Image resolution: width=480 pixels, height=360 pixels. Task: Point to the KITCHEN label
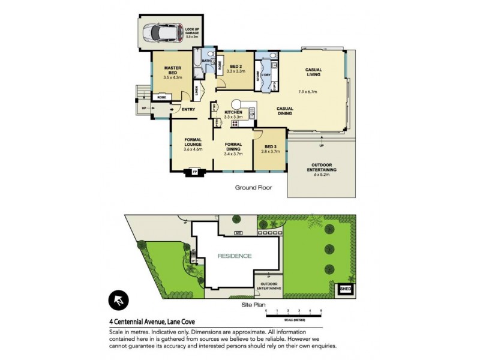(233, 113)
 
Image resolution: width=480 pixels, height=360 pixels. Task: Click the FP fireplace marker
(194, 173)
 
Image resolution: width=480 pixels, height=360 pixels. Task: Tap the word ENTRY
(188, 109)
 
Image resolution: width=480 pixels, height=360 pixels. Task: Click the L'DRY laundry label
(266, 74)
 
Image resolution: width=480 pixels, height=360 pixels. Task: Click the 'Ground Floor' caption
(253, 188)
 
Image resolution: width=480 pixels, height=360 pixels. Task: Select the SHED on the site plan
(346, 289)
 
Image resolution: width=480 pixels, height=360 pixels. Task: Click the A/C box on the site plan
(238, 232)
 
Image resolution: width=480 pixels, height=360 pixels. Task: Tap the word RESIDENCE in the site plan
(235, 256)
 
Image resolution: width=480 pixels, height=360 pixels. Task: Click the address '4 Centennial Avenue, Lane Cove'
(152, 321)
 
